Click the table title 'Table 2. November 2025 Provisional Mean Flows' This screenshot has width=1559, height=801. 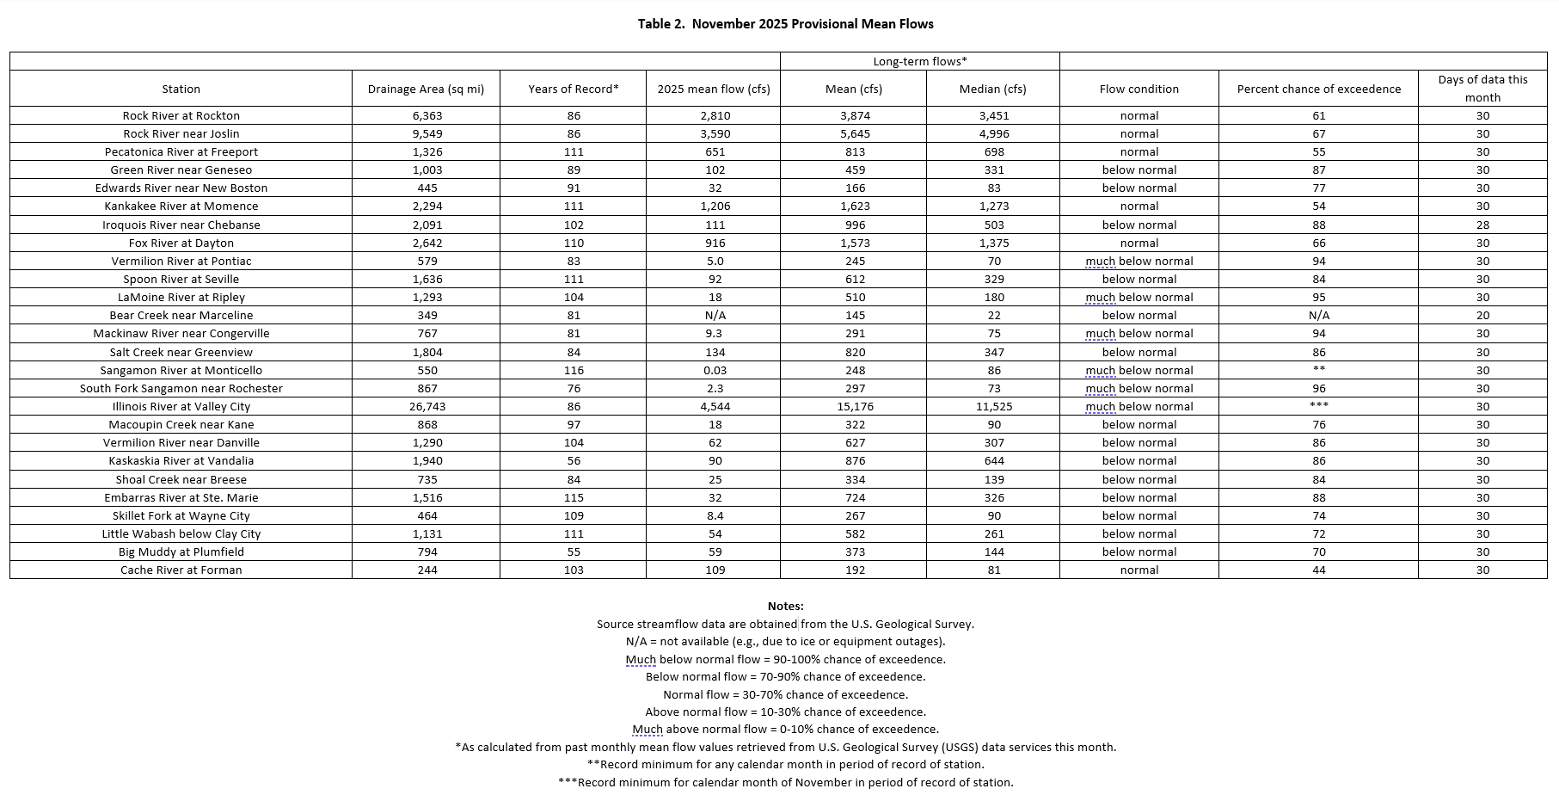tap(785, 24)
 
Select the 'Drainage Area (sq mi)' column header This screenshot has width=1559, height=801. tap(426, 89)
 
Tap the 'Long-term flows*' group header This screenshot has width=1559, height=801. tap(920, 61)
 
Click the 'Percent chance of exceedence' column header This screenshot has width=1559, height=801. tap(1318, 89)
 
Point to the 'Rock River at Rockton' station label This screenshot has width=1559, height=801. tap(181, 115)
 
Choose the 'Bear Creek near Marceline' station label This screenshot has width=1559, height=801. tap(181, 315)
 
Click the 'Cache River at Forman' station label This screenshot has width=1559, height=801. tap(181, 570)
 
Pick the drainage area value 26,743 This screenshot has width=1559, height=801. tap(427, 406)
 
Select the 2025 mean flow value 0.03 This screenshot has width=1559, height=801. tap(714, 370)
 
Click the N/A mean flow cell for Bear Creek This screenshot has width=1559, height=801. tap(714, 315)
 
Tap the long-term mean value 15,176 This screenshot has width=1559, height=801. tap(855, 406)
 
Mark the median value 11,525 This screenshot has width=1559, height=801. tap(993, 406)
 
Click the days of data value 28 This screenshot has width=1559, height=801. tap(1482, 225)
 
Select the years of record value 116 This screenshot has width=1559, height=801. tap(573, 370)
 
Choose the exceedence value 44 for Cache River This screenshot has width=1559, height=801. tap(1318, 570)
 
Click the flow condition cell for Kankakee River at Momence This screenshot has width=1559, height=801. tap(1139, 206)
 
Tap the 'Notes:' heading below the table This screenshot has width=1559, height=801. tap(785, 607)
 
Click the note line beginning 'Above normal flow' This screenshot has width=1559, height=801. tap(785, 712)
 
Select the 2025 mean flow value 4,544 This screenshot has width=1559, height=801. tap(714, 406)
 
